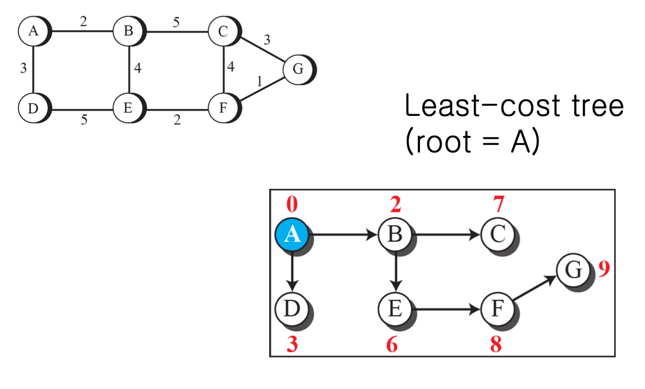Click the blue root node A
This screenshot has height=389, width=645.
click(x=292, y=234)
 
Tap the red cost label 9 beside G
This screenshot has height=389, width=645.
click(x=604, y=269)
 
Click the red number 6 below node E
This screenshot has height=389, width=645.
click(x=392, y=345)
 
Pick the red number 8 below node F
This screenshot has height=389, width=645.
click(x=496, y=345)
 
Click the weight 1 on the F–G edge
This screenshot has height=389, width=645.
click(x=259, y=81)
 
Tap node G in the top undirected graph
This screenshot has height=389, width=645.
click(x=298, y=69)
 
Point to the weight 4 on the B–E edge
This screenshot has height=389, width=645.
click(x=137, y=69)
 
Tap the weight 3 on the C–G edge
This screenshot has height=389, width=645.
click(x=267, y=40)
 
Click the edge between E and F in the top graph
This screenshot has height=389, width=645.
click(x=177, y=108)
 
